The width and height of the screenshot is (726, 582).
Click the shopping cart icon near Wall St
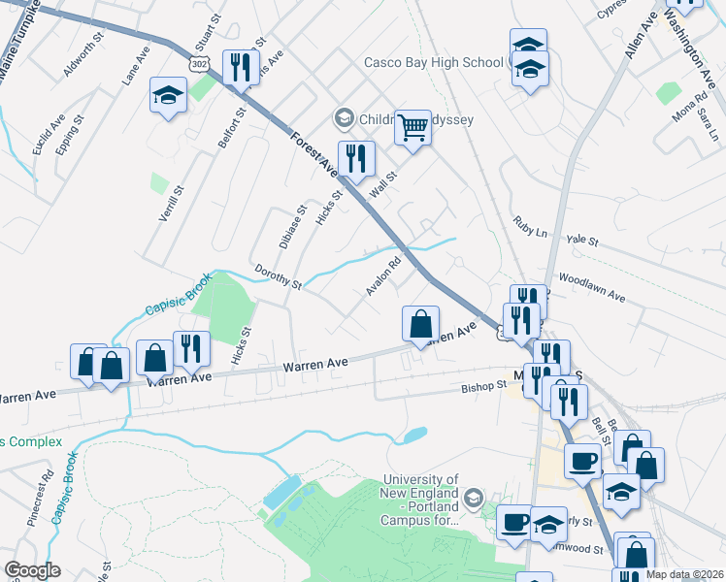[413, 127]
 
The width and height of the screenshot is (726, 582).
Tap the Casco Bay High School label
[433, 62]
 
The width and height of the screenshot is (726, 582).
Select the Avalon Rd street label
[383, 276]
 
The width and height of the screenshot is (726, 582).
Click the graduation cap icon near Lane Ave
[169, 95]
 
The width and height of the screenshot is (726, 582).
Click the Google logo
[32, 570]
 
